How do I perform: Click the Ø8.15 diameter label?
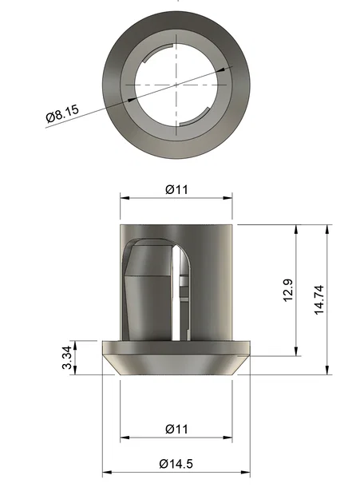pos(61,115)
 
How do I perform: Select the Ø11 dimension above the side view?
pos(176,189)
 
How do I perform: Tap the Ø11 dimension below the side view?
pos(176,429)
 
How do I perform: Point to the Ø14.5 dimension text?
pos(176,464)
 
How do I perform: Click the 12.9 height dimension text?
pos(288,291)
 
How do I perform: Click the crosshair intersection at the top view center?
pos(176,84)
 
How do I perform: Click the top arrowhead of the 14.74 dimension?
pos(326,230)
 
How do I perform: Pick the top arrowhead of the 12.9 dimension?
pos(296,230)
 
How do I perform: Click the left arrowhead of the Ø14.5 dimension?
pos(107,472)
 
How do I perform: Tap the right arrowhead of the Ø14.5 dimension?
pos(246,472)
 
